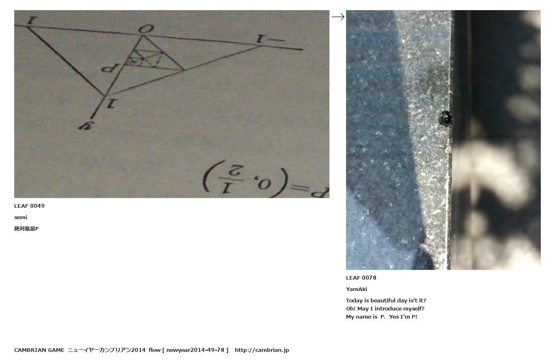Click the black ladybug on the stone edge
tap(445, 118)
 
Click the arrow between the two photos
tap(338, 17)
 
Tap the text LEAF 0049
tap(29, 206)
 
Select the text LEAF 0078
tap(361, 278)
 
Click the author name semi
tap(21, 218)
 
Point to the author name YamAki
tap(357, 289)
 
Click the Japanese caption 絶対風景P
tap(26, 229)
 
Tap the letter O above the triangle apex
tap(146, 29)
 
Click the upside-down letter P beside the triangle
tap(111, 68)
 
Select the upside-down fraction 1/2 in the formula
tap(231, 178)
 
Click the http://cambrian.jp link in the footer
tap(262, 350)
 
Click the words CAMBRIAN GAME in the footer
tap(39, 350)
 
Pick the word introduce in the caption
tap(388, 309)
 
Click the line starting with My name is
tap(381, 317)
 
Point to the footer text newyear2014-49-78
tap(195, 350)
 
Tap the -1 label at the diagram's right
tap(270, 39)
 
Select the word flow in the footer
tap(155, 350)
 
